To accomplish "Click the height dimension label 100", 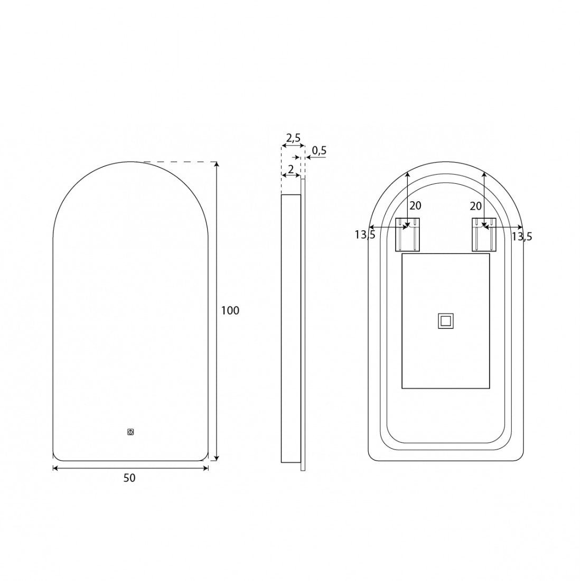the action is point(230,310).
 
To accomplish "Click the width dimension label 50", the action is point(129,478).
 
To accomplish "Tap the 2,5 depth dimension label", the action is point(293,138).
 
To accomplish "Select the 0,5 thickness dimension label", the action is point(319,151).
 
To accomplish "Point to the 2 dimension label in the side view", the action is point(291,170).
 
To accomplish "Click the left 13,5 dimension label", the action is point(365,235).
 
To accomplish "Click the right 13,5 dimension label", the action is point(522,236).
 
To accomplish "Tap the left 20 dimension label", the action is point(415,205).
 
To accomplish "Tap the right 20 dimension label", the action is point(475,205).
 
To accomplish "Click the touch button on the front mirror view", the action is point(130,432).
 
